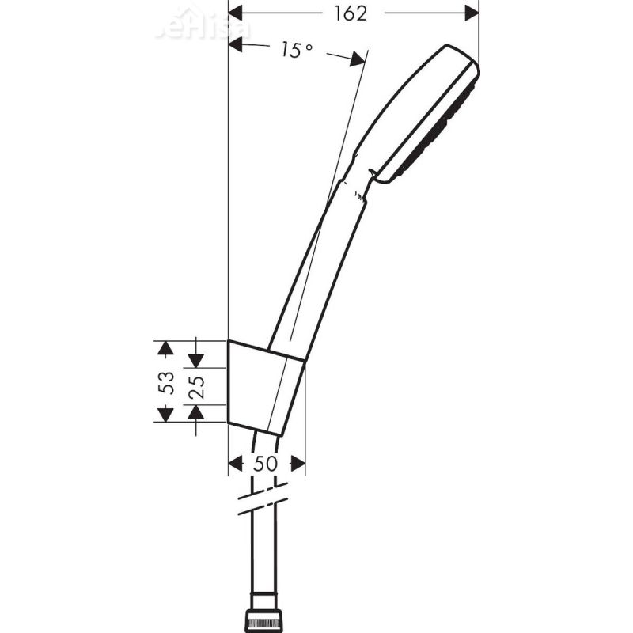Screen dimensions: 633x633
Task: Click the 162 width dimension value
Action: pyautogui.click(x=351, y=13)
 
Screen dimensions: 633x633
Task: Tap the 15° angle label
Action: pyautogui.click(x=296, y=51)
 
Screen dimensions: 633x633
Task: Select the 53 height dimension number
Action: pyautogui.click(x=166, y=382)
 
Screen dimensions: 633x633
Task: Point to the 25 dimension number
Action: pyautogui.click(x=197, y=385)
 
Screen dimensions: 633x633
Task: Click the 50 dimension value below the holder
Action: pyautogui.click(x=266, y=464)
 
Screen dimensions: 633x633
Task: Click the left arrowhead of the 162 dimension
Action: pyautogui.click(x=235, y=13)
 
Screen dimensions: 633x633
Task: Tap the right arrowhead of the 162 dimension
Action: pyautogui.click(x=472, y=13)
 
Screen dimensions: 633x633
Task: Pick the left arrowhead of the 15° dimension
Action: pyautogui.click(x=236, y=46)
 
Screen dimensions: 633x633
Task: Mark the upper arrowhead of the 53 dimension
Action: pyautogui.click(x=165, y=348)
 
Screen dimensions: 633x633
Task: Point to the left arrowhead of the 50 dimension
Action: pyautogui.click(x=235, y=464)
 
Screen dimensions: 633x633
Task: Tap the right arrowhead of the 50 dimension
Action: pyautogui.click(x=298, y=464)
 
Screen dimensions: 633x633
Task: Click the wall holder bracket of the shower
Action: pyautogui.click(x=265, y=388)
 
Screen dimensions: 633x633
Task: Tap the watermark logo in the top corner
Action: pyautogui.click(x=203, y=24)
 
